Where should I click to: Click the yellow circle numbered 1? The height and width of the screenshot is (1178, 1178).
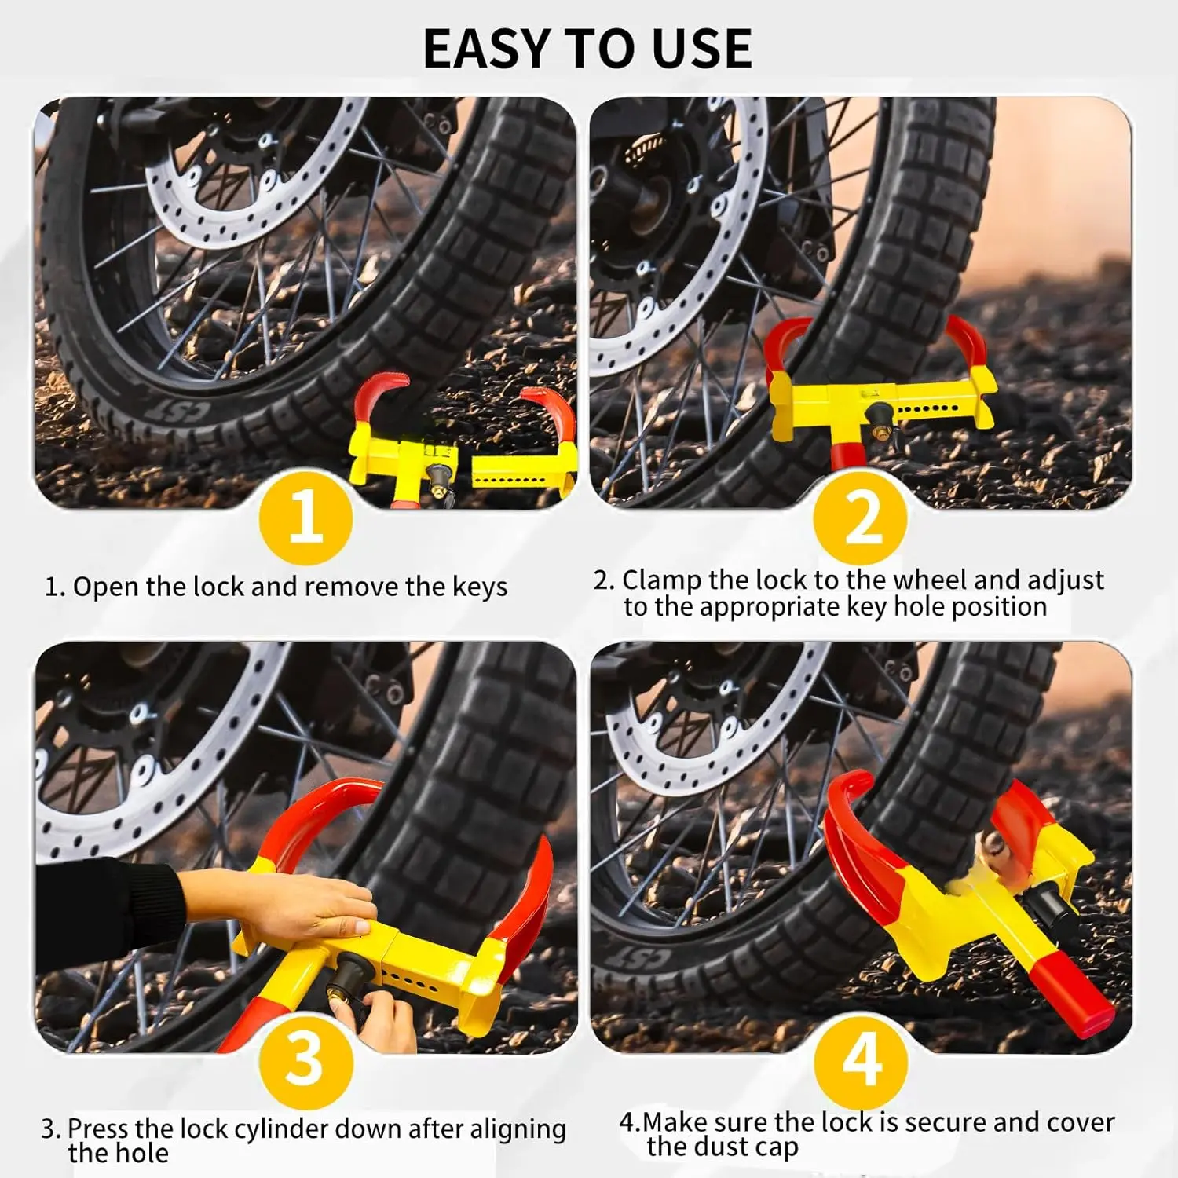coord(305,518)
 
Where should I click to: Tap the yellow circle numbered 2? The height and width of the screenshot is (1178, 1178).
coord(861,518)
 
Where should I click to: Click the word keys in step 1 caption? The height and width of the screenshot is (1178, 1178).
coord(480,587)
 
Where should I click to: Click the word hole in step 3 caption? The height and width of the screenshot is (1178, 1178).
coord(143,1154)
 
